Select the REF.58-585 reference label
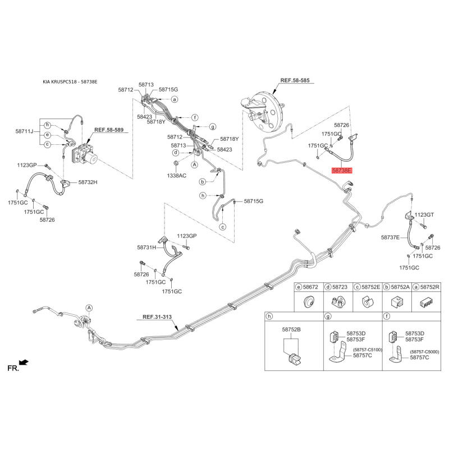coord(295,81)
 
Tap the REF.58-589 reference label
coord(108,130)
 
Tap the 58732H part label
coord(88,182)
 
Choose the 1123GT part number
coord(424,215)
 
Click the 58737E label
coord(390,238)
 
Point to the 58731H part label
coord(147,247)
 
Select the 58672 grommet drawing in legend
coord(308,302)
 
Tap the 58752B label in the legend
coord(291,329)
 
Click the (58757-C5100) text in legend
coord(368,350)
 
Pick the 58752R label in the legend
coord(430,287)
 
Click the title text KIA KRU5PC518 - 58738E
coord(70,82)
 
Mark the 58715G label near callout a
coord(168,90)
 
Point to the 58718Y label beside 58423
coord(156,122)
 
